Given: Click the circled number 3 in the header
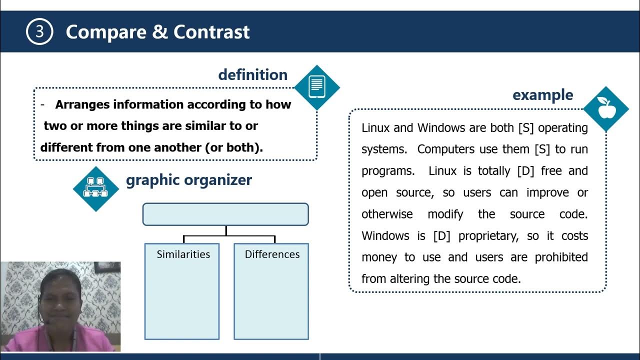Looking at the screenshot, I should [39, 32].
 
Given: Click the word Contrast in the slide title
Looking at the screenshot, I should [211, 32].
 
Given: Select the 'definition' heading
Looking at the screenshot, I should [252, 74].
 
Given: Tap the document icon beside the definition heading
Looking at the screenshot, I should [317, 87].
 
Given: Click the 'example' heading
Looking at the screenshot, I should [542, 94].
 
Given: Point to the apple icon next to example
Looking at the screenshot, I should [606, 108].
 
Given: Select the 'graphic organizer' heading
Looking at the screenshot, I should [189, 180].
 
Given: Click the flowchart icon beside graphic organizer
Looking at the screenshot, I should [95, 188].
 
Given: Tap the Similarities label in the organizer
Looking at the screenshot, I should [183, 254].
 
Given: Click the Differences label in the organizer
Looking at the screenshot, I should [272, 254].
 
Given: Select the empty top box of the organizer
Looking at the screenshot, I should [225, 214].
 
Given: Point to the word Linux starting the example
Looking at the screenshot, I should [376, 128].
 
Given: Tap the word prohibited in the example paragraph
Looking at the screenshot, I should [561, 257].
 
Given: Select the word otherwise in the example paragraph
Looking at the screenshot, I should [387, 214].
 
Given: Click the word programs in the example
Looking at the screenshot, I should [387, 171].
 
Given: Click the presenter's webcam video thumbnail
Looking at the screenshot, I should [60, 306].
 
